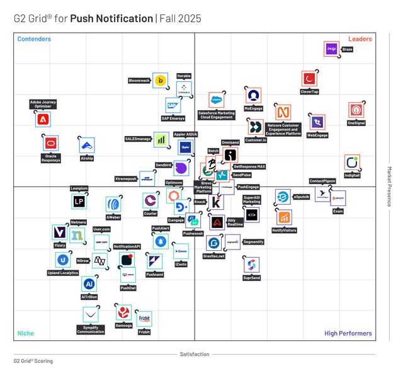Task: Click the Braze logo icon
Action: click(331, 49)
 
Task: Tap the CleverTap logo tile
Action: click(309, 79)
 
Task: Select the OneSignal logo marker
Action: click(356, 110)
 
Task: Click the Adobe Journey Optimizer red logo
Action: click(43, 118)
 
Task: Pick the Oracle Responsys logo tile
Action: click(50, 143)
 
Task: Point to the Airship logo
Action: click(87, 145)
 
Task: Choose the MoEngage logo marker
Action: click(253, 95)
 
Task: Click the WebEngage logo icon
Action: click(317, 122)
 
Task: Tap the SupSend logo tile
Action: click(251, 264)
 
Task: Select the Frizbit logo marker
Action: click(144, 319)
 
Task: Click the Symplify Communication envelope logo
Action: click(91, 314)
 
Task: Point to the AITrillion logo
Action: click(89, 284)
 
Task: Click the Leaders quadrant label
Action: click(360, 39)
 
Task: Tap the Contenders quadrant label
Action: click(34, 39)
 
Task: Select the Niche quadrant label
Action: click(25, 333)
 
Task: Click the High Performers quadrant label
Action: click(348, 333)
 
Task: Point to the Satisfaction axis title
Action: click(195, 354)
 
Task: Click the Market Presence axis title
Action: click(389, 187)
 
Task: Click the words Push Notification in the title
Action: click(111, 18)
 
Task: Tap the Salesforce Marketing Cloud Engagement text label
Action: click(217, 115)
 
